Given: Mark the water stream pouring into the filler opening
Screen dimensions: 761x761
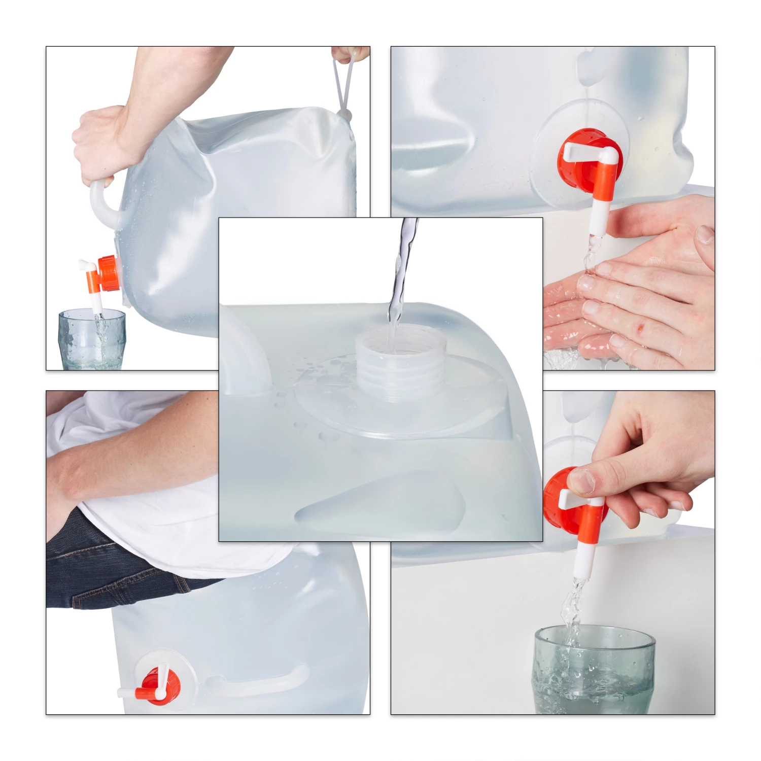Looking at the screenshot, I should click(x=401, y=274).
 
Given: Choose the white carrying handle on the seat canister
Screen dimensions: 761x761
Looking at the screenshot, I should click(x=264, y=680).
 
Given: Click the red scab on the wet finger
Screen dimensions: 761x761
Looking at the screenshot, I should click(x=640, y=329).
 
